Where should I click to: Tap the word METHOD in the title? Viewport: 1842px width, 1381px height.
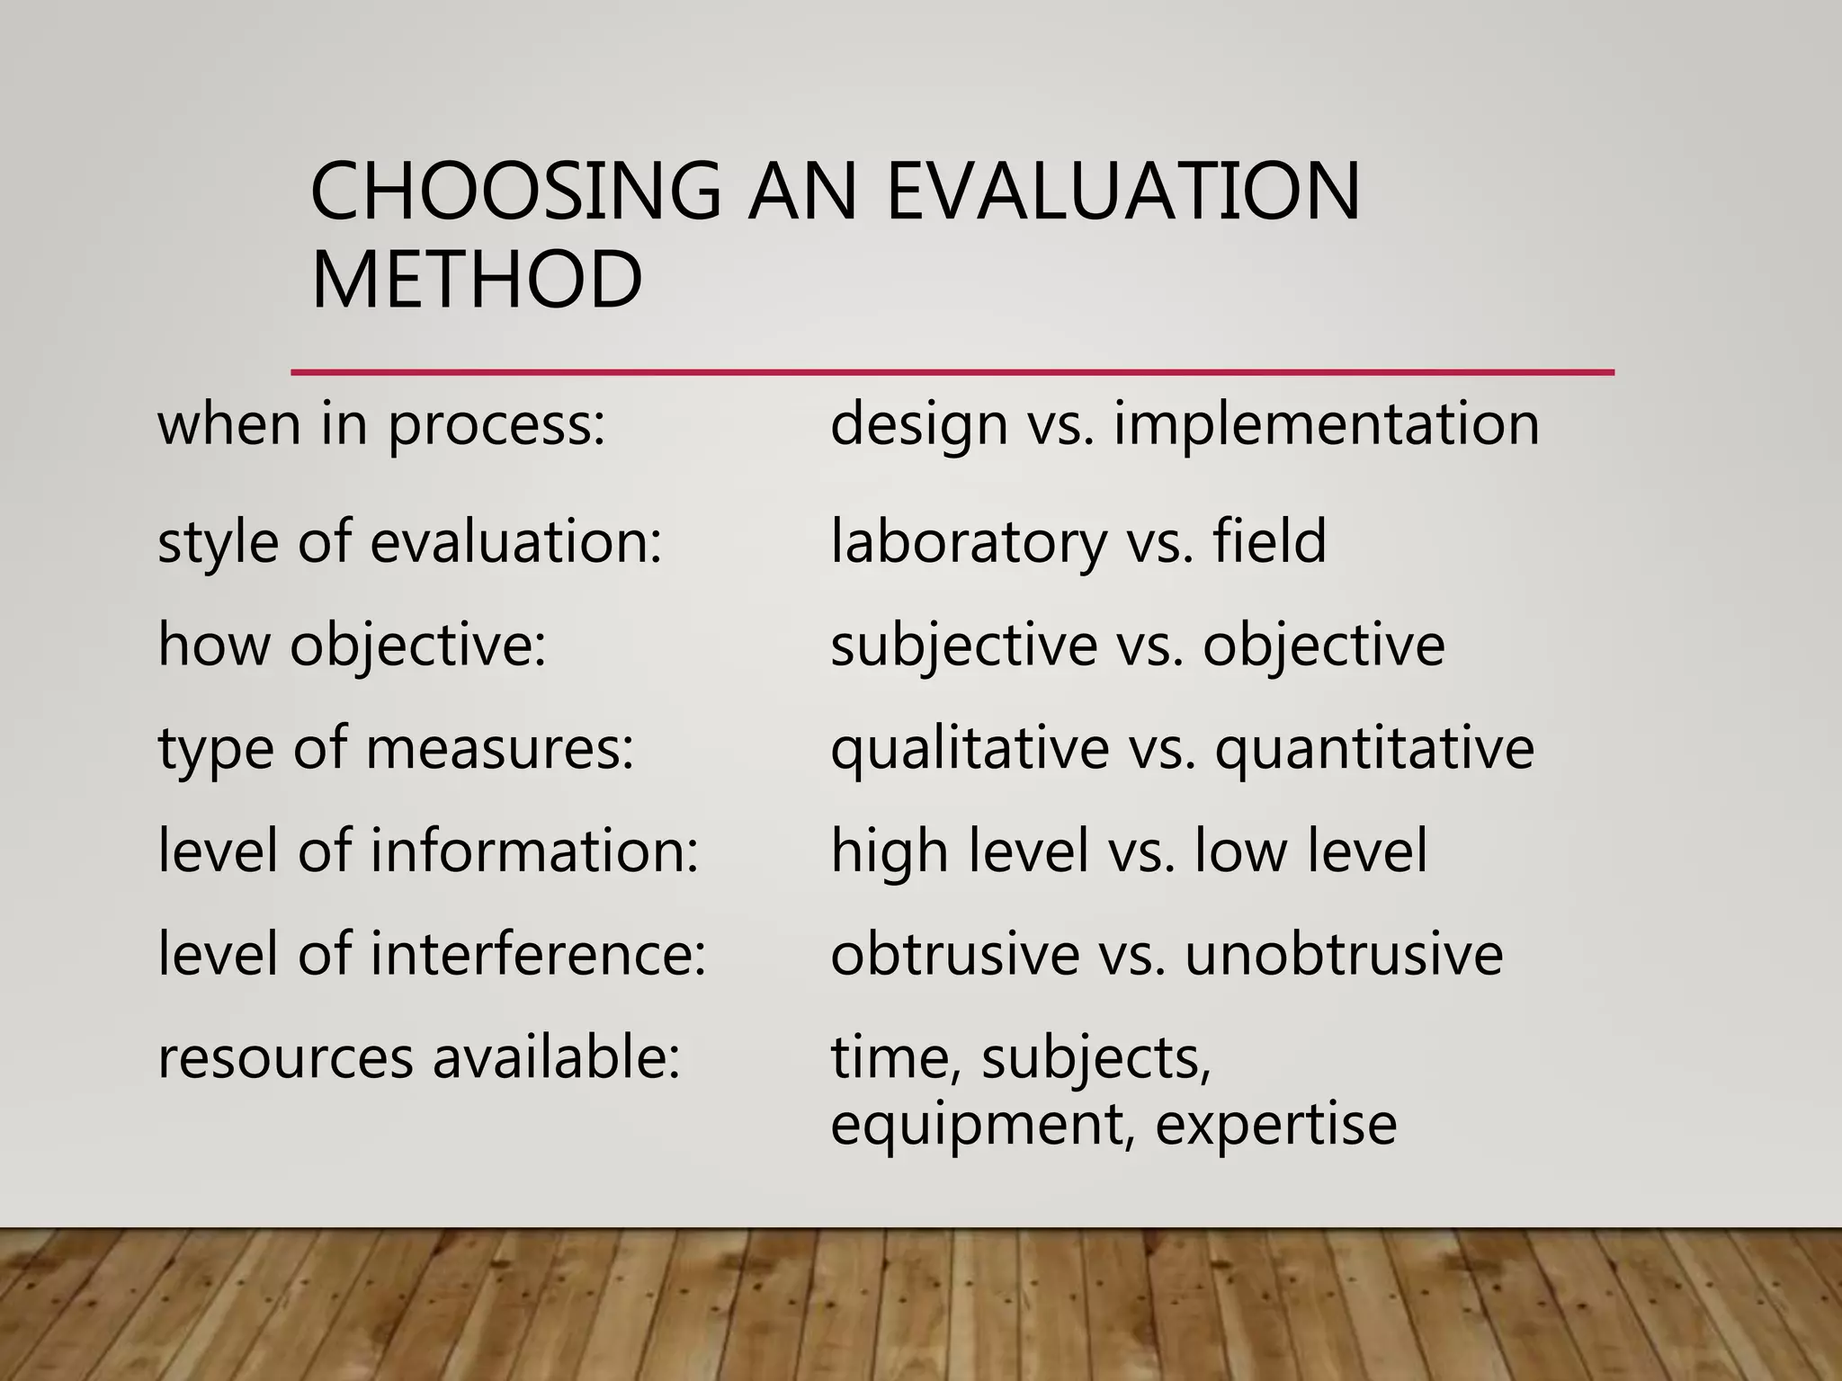tap(477, 280)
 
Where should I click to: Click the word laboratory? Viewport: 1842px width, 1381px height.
tap(969, 541)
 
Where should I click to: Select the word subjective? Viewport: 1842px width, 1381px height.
tap(963, 645)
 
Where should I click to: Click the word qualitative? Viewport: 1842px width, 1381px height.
tap(970, 748)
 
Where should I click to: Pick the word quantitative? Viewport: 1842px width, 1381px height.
tap(1374, 748)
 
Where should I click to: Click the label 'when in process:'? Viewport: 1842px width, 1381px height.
tap(382, 424)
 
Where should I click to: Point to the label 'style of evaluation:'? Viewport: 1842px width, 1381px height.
tap(410, 542)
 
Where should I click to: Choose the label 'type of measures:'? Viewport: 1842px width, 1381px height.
tap(397, 748)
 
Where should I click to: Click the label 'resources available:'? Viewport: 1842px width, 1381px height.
tap(419, 1056)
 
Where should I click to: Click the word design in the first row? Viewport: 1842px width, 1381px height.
tap(918, 424)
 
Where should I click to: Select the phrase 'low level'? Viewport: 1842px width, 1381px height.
tap(1310, 851)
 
